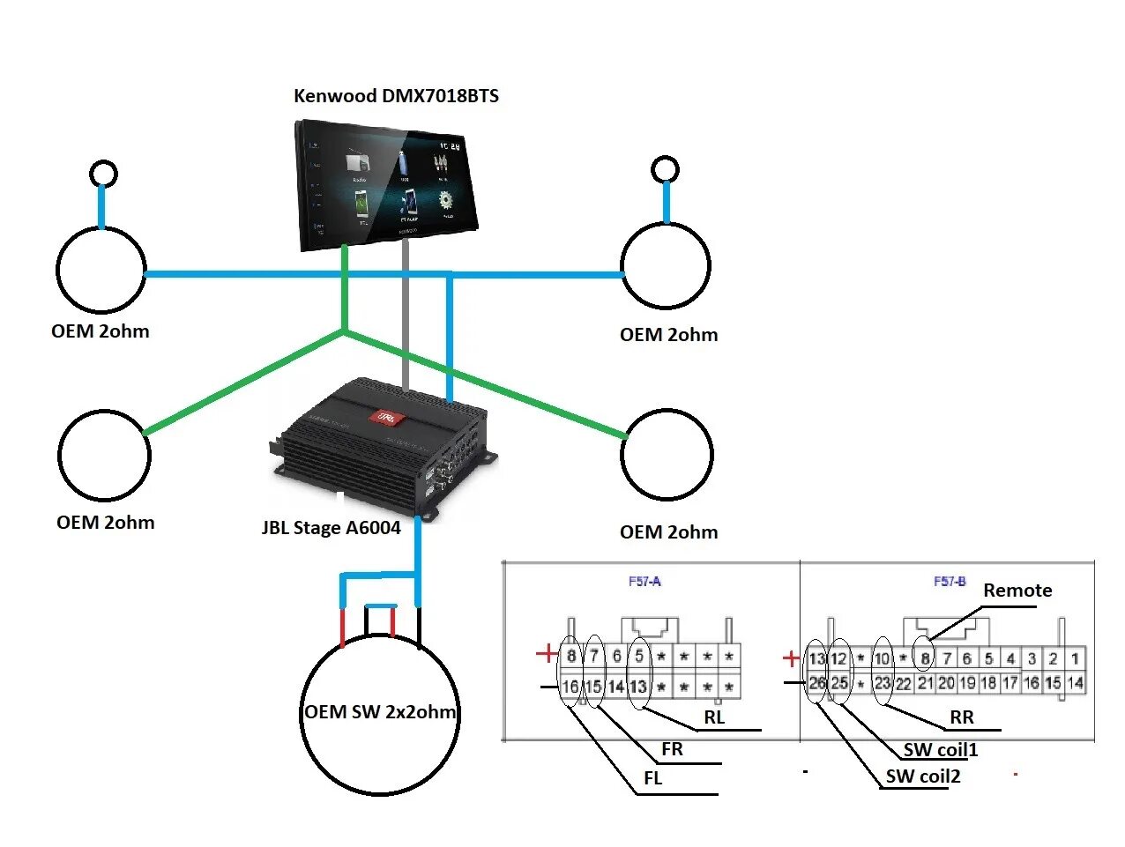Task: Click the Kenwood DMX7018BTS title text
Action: (x=396, y=96)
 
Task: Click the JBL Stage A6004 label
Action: (x=331, y=528)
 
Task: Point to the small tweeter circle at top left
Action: (x=104, y=173)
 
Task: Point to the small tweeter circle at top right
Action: (x=665, y=169)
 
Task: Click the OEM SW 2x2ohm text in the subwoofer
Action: (x=380, y=712)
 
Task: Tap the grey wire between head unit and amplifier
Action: (x=406, y=317)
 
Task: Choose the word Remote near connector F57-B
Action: (x=1017, y=591)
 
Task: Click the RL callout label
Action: (x=714, y=717)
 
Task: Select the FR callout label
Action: (x=672, y=749)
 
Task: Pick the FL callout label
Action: (x=652, y=778)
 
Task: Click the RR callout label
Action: (x=962, y=717)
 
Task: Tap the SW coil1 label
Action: (x=941, y=750)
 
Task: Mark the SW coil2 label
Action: (x=923, y=776)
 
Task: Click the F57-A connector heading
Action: (x=644, y=582)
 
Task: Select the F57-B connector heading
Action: (x=950, y=582)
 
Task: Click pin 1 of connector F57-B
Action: (x=1075, y=658)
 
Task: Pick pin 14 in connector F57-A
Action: (x=616, y=687)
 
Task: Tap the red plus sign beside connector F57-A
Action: (x=547, y=654)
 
